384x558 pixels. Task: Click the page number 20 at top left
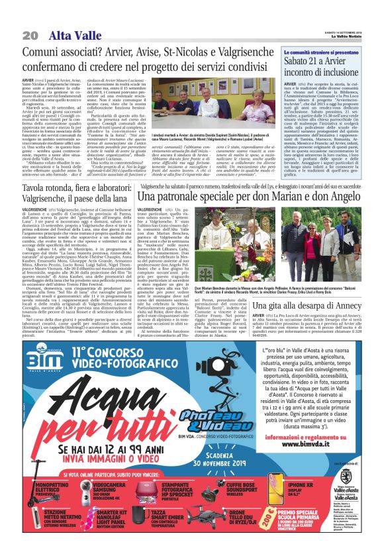pyautogui.click(x=30, y=34)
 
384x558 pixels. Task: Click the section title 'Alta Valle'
pyautogui.click(x=70, y=34)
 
